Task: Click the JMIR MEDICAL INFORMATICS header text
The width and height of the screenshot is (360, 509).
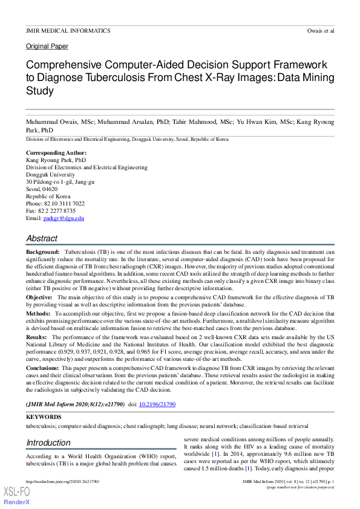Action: pos(68,30)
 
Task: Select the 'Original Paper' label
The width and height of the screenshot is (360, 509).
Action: pos(47,47)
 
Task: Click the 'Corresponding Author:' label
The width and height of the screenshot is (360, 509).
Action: pos(56,153)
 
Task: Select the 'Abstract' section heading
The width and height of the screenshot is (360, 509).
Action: pos(42,238)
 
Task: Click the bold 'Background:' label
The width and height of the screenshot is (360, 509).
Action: pos(42,251)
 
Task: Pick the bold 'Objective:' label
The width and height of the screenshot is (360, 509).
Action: pos(39,297)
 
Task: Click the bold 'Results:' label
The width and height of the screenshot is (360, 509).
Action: pos(36,337)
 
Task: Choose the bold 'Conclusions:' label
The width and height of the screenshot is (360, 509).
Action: pos(44,366)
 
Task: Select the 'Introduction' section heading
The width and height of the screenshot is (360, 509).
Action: pos(48,443)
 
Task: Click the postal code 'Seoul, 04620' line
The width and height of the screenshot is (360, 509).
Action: pos(42,189)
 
